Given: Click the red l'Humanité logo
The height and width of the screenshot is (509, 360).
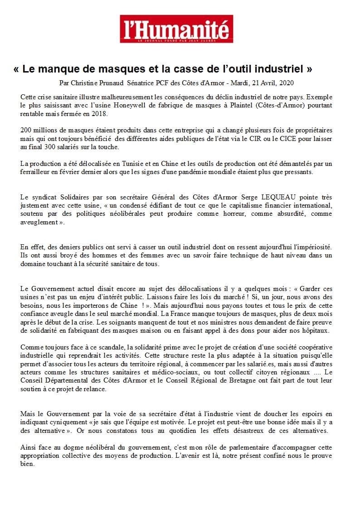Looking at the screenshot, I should (x=176, y=29).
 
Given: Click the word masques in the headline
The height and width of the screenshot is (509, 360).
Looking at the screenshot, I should (x=120, y=69).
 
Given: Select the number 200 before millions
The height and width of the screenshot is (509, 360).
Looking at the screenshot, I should (x=27, y=130).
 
